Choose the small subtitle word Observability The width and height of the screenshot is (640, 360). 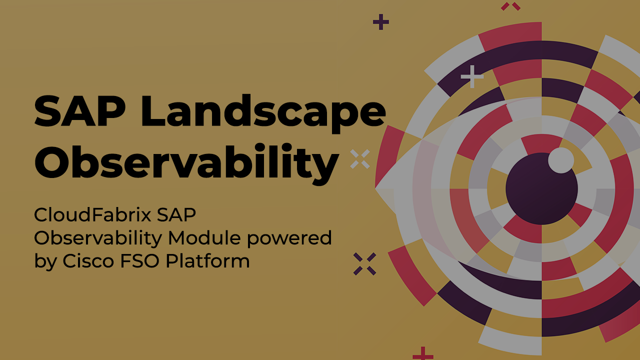click(x=97, y=238)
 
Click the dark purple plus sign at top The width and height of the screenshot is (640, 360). click(x=381, y=22)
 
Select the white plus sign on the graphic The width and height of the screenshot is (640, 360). click(x=472, y=76)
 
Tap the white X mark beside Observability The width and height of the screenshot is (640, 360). click(x=360, y=159)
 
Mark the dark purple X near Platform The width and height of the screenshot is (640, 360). click(x=364, y=263)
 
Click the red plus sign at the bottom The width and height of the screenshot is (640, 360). click(x=423, y=354)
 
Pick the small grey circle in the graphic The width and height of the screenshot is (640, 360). click(x=561, y=160)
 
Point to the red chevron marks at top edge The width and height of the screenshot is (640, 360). click(x=510, y=6)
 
